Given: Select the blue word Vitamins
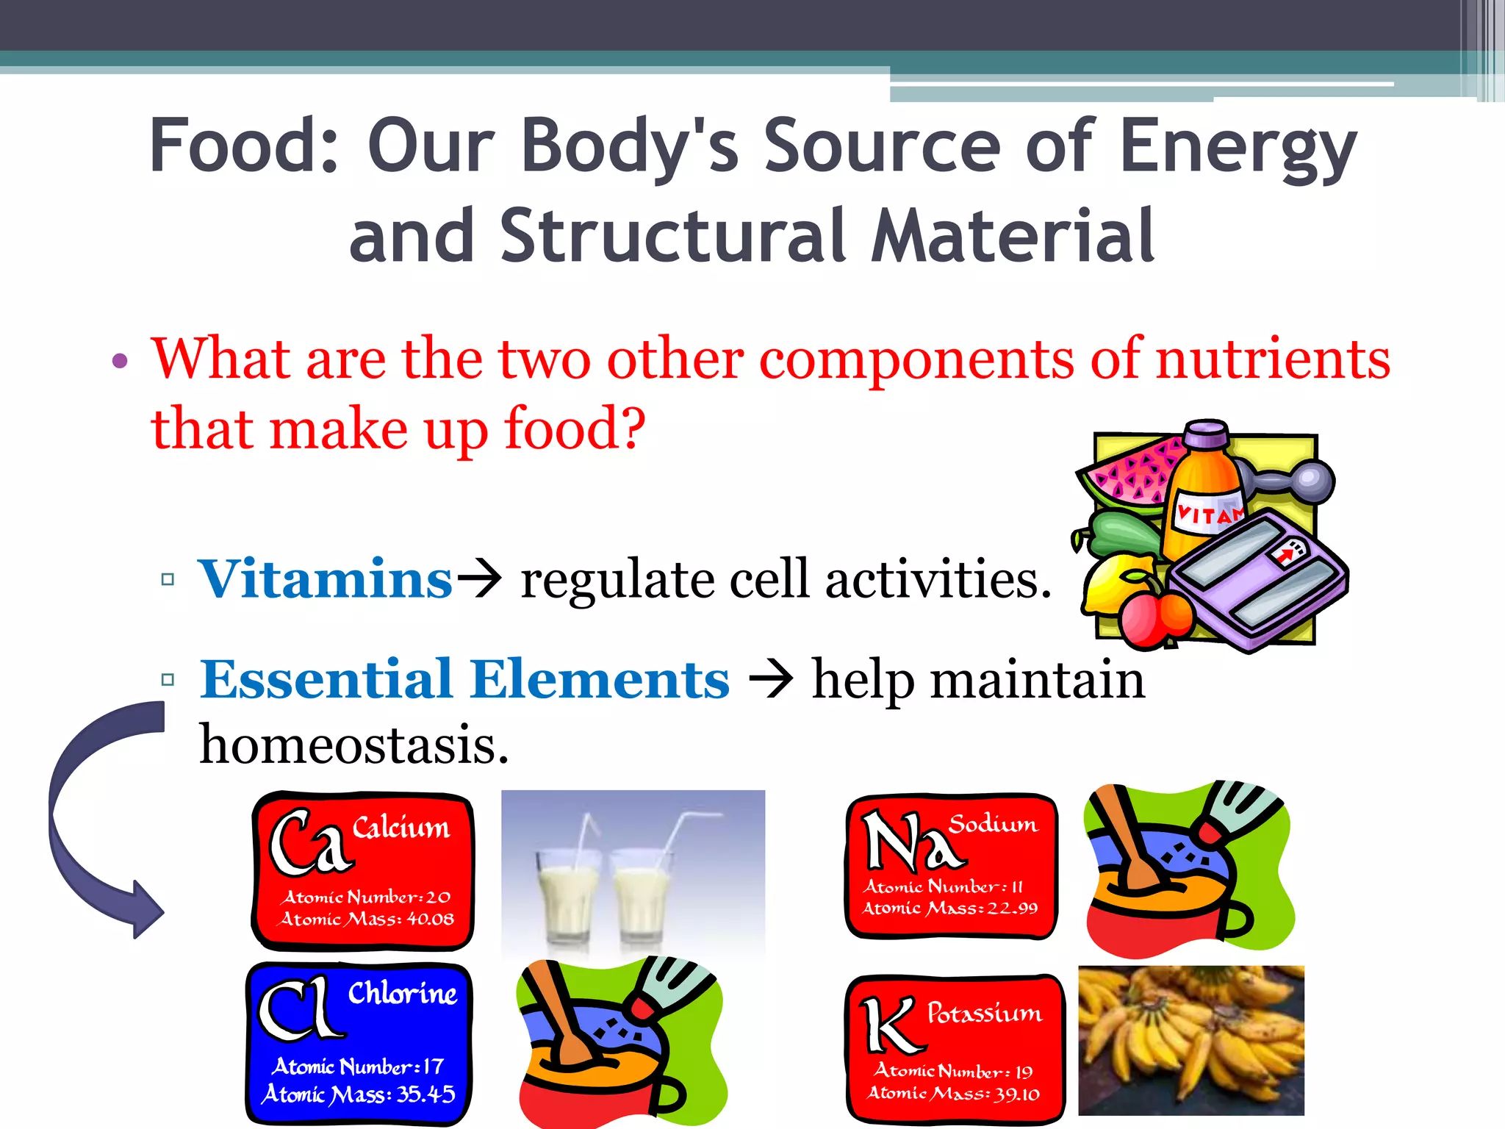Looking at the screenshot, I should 325,580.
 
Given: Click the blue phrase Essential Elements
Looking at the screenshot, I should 464,680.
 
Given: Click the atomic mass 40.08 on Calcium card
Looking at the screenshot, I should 430,920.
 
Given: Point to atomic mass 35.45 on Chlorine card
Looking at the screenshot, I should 425,1094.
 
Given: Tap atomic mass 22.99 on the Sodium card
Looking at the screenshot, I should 1012,908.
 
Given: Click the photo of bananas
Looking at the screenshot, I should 1190,1039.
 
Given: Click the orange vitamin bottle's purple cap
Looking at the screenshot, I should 1206,434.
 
